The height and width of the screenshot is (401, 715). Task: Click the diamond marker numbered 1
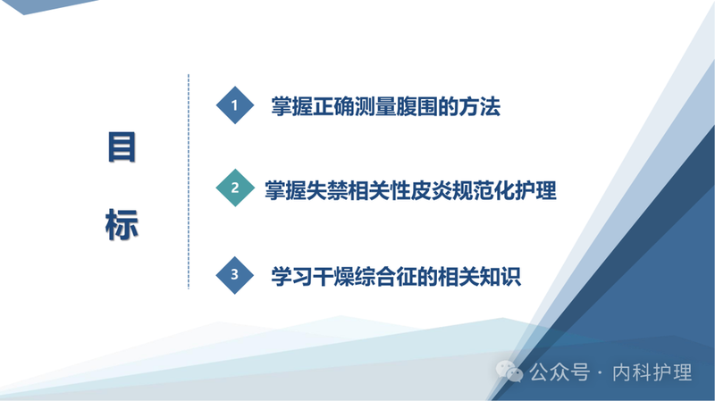point(235,105)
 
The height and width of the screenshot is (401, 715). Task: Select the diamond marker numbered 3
point(235,275)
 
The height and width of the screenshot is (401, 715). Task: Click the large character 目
point(122,148)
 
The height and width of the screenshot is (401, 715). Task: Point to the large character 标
point(122,223)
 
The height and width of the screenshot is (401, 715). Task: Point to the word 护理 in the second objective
point(535,190)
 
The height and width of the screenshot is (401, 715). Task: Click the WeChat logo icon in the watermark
point(510,372)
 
